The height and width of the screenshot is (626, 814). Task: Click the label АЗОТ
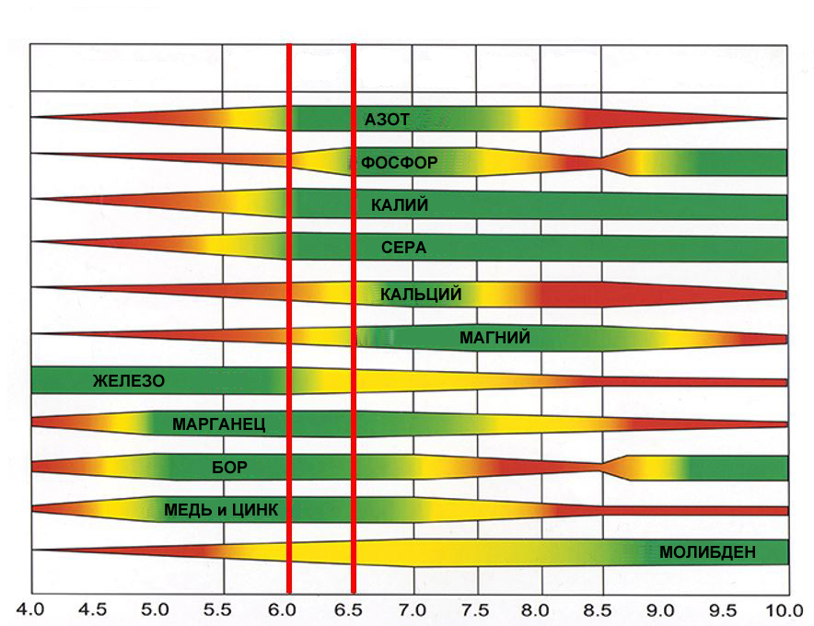(x=387, y=120)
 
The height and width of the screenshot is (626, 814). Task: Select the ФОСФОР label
(x=399, y=163)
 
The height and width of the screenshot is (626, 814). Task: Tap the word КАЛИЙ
(x=400, y=206)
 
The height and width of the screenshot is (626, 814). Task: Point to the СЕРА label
(x=403, y=249)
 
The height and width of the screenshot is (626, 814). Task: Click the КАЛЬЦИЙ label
(x=421, y=295)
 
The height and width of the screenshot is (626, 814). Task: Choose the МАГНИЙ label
(x=494, y=338)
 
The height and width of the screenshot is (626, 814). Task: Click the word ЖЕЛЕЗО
(x=128, y=380)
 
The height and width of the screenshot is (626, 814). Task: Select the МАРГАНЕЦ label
(x=218, y=424)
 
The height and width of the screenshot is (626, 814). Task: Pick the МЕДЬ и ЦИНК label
(x=221, y=510)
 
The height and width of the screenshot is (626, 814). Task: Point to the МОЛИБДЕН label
(x=707, y=553)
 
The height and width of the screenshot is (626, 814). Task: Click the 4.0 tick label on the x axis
(x=31, y=609)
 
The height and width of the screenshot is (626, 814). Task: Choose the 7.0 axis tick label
(x=410, y=609)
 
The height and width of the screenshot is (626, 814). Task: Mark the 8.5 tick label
(x=599, y=609)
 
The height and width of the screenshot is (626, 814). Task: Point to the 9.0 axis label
(x=660, y=609)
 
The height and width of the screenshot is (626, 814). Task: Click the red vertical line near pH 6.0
(x=289, y=313)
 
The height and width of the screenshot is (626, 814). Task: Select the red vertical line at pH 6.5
(x=354, y=313)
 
